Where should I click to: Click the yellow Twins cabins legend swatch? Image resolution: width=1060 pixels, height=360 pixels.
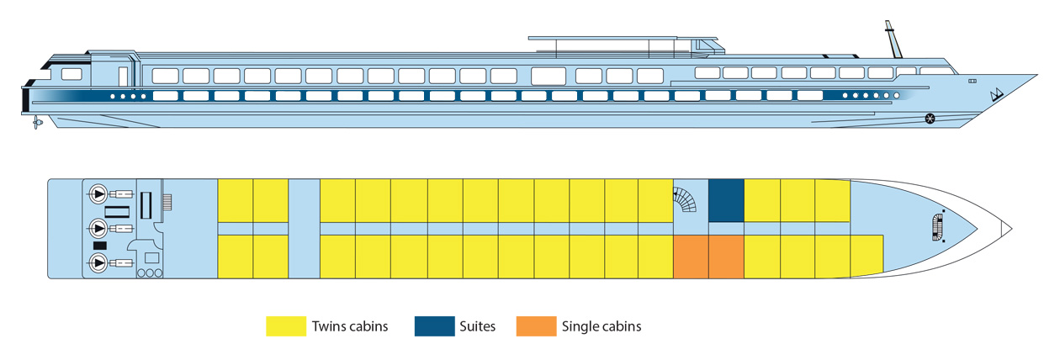point(285,326)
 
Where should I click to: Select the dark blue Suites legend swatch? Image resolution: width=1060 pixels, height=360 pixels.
point(434,326)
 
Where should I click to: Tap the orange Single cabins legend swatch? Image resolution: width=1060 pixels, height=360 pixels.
point(536,326)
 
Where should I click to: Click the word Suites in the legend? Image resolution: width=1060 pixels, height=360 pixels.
point(479,326)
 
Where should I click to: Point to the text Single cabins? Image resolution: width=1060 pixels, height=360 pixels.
point(602,326)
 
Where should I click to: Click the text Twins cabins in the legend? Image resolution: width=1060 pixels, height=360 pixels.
point(349,326)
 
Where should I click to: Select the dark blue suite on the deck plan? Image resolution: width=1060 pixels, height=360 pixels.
point(726,200)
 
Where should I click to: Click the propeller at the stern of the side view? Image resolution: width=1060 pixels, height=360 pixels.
point(37,124)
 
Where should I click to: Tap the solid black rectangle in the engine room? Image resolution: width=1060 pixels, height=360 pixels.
point(99,245)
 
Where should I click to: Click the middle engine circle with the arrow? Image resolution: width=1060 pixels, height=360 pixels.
point(98,228)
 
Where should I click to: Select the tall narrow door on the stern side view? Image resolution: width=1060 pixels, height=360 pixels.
point(123,76)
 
